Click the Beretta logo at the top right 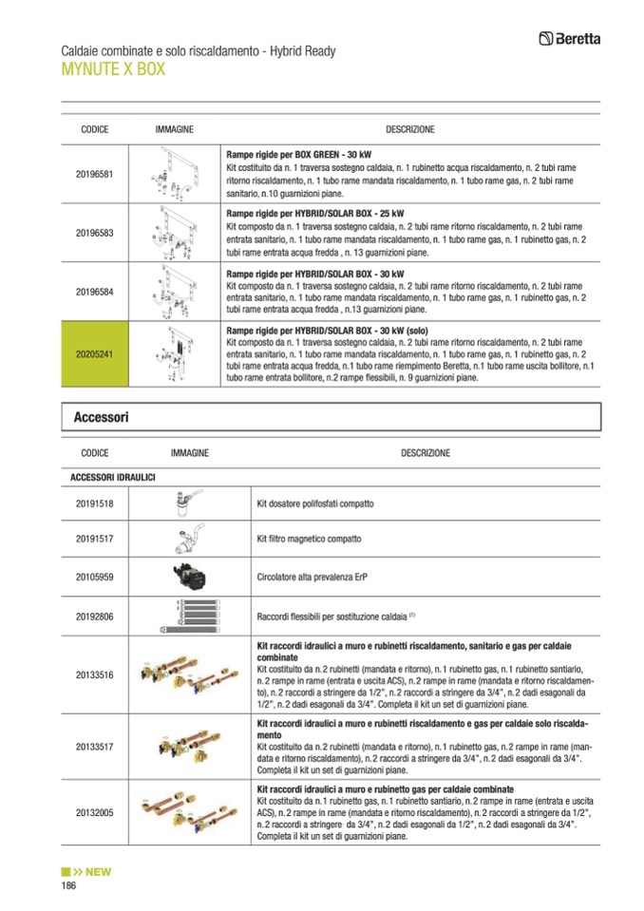tap(575, 39)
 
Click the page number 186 tap(68, 885)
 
